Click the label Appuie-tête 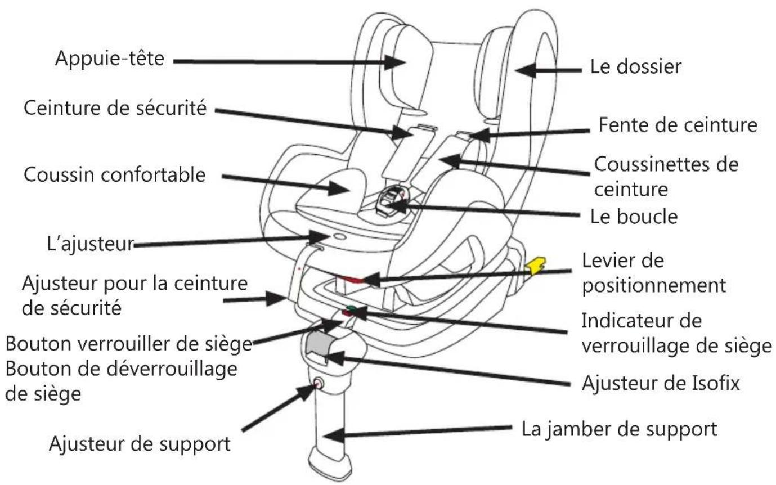click(x=109, y=59)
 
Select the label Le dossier click(x=635, y=66)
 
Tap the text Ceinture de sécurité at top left click(x=115, y=108)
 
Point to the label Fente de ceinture click(x=677, y=124)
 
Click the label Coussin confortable click(x=114, y=174)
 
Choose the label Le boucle click(x=633, y=217)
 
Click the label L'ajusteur click(x=90, y=244)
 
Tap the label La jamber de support click(x=620, y=429)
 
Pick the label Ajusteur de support click(x=140, y=444)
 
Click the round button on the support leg click(x=318, y=384)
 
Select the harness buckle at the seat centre click(x=389, y=201)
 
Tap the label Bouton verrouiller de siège click(x=128, y=343)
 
